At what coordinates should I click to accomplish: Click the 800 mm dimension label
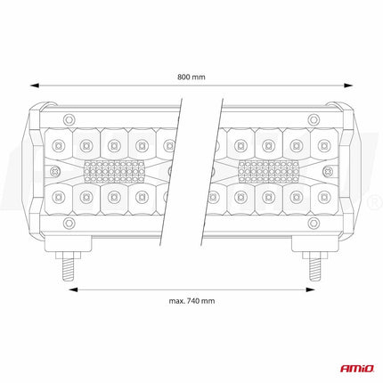[x=191, y=77]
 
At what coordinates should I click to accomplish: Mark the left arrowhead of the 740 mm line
[x=72, y=289]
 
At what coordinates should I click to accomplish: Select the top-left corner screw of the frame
[x=69, y=118]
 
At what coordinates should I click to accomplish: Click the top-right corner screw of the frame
[x=313, y=118]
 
